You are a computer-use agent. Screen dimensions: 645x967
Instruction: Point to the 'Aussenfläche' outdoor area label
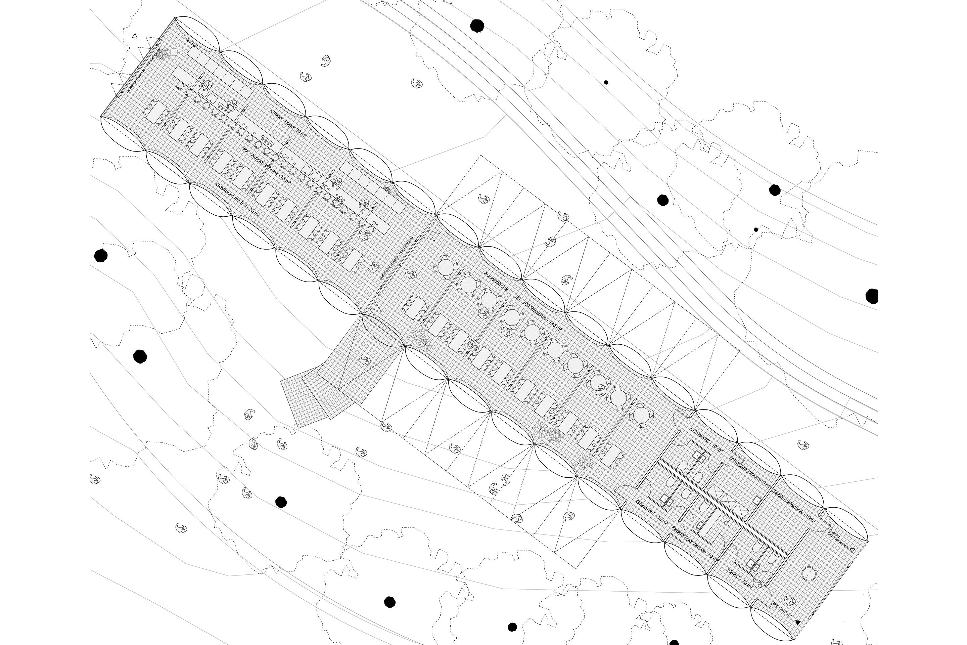tap(497, 282)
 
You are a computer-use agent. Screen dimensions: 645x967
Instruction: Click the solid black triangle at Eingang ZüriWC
tap(798, 623)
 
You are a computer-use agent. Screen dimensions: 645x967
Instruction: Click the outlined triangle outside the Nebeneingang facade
tap(134, 36)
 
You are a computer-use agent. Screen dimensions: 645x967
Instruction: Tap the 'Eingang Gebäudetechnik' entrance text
tap(839, 539)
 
